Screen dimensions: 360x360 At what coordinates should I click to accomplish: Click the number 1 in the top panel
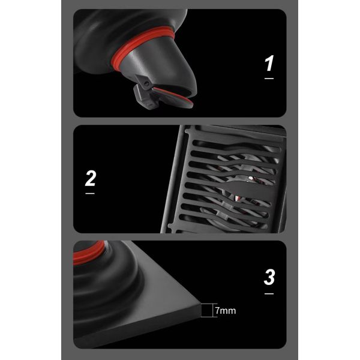[269, 63]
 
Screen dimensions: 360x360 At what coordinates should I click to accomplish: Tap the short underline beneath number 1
[269, 78]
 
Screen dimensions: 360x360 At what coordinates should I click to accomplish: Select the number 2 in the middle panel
[91, 178]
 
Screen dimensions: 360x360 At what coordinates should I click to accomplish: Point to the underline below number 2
[91, 193]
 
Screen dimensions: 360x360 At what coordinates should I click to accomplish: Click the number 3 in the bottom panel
[269, 277]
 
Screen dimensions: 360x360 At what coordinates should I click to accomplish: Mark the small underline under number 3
[269, 293]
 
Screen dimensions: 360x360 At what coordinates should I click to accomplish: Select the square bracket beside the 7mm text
[207, 310]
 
